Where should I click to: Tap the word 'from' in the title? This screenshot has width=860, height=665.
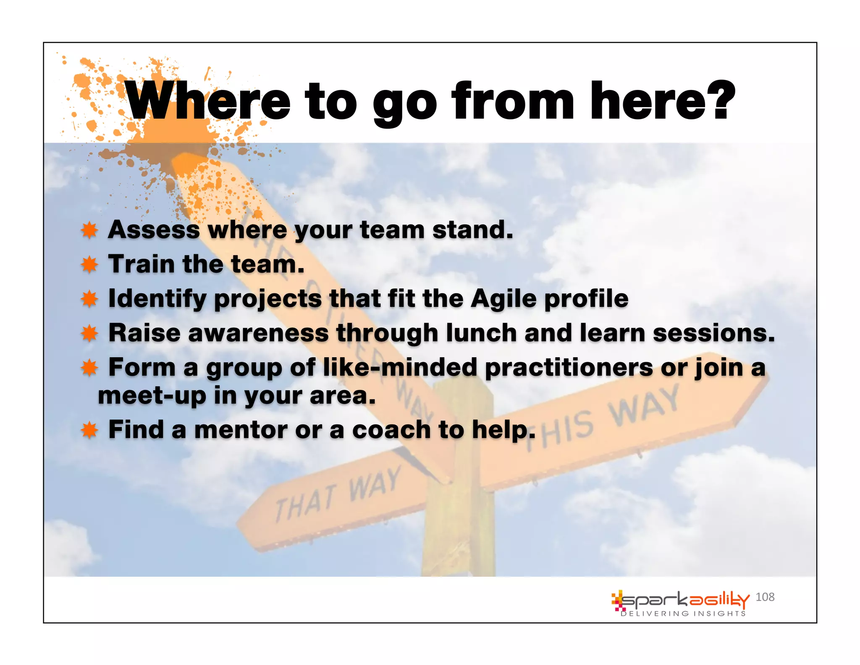pos(513,101)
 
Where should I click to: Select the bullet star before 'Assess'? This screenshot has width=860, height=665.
pos(89,230)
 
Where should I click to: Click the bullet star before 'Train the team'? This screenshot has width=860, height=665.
pos(89,265)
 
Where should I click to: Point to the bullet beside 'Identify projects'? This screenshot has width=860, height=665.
pos(89,299)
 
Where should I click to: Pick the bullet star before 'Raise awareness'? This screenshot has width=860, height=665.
pos(89,334)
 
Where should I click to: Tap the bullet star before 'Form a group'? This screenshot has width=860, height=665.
pos(89,368)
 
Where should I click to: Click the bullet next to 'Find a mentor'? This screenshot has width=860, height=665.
pos(89,430)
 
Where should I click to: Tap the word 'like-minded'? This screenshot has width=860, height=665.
pos(400,367)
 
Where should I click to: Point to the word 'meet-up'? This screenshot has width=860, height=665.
pos(152,396)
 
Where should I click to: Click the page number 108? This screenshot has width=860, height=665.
pos(765,597)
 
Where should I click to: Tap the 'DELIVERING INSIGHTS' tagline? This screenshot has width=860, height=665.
pos(683,614)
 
